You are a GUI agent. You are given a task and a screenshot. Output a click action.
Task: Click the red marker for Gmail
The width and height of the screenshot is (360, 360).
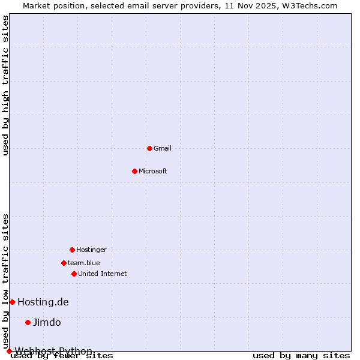tap(149, 148)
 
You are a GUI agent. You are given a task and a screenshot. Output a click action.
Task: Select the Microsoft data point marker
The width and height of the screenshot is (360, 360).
tap(134, 171)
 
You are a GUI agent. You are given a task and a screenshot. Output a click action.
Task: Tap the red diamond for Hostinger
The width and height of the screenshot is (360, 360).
tap(72, 250)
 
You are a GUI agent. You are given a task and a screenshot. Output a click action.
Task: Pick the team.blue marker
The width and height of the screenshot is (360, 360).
tap(64, 263)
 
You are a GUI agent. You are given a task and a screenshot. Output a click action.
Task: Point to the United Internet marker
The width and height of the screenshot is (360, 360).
tap(74, 274)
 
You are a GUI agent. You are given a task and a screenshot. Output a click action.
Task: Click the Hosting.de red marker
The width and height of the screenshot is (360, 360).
tap(12, 302)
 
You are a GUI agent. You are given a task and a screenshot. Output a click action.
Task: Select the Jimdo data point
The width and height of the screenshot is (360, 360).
tap(28, 322)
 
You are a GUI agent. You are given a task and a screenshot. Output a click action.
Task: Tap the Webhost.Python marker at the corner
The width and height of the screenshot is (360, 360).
tap(9, 351)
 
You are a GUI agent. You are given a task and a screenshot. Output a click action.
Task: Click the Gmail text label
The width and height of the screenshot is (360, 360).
tap(163, 148)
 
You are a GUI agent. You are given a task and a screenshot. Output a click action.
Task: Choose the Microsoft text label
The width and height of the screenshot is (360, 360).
tap(153, 171)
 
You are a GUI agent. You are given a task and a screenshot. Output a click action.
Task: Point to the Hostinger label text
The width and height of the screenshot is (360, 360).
tap(91, 250)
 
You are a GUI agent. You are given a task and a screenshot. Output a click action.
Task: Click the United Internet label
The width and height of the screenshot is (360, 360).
tap(102, 274)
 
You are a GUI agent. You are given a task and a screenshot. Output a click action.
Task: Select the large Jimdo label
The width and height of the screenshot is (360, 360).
tap(47, 322)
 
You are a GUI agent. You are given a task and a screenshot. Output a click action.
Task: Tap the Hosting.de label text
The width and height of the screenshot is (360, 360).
tap(43, 302)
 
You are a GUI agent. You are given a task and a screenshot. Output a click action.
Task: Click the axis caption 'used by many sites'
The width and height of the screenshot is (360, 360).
tap(301, 356)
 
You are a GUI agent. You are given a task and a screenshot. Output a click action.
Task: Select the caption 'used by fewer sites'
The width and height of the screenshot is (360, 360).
tap(62, 356)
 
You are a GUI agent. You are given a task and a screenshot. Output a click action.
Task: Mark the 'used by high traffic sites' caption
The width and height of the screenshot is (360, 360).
tap(6, 85)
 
